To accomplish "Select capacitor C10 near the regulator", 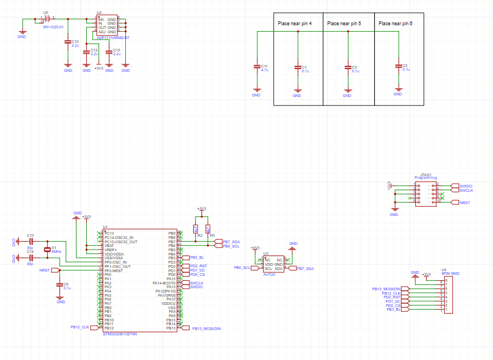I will pyautogui.click(x=68, y=42).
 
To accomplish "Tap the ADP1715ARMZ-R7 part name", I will pyautogui.click(x=113, y=37).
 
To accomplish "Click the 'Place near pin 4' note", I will pyautogui.click(x=295, y=24).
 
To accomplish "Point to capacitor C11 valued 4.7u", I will pyautogui.click(x=256, y=66).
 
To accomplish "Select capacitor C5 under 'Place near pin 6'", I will pyautogui.click(x=398, y=66).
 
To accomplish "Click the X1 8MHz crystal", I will pyautogui.click(x=48, y=250).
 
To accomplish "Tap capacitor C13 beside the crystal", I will pyautogui.click(x=31, y=242).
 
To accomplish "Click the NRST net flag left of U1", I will pyautogui.click(x=45, y=271).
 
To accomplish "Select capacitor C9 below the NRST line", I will pyautogui.click(x=60, y=285).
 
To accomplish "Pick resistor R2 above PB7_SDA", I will pyautogui.click(x=195, y=229).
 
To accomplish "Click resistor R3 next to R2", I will pyautogui.click(x=208, y=229).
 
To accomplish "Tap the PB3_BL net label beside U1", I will pyautogui.click(x=197, y=258).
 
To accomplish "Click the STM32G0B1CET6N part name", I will pyautogui.click(x=120, y=334).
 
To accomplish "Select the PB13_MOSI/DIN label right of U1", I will pyautogui.click(x=206, y=328).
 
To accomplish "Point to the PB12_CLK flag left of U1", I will pyautogui.click(x=80, y=327).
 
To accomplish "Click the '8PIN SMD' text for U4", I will pyautogui.click(x=450, y=273).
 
